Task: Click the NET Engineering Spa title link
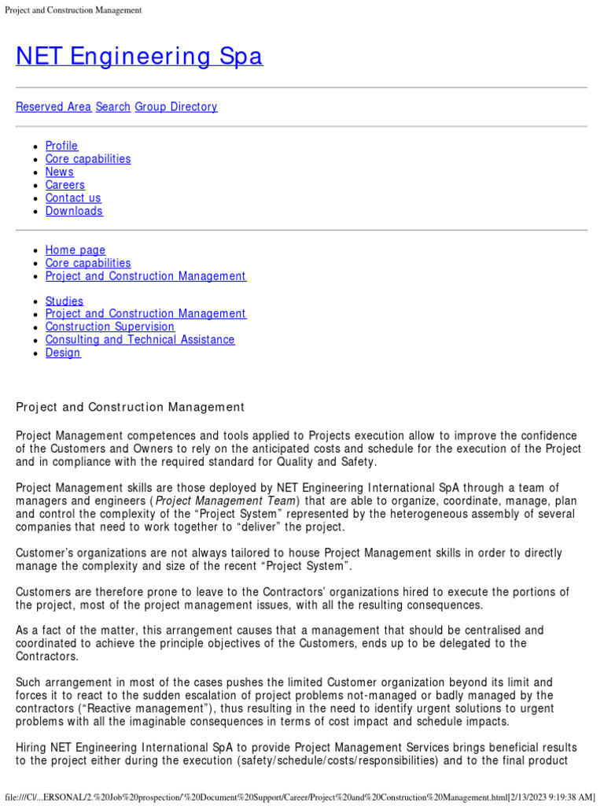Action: pos(139,57)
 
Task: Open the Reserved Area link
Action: pos(53,107)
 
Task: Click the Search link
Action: pos(112,107)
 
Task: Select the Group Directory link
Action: pos(176,107)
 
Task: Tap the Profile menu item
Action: pos(61,146)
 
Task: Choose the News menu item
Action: pos(59,172)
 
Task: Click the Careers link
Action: pos(64,185)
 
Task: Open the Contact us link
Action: pos(73,198)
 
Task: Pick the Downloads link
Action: pos(74,211)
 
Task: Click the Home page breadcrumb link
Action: pos(75,250)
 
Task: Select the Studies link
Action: pos(64,301)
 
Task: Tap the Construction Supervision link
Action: pos(109,327)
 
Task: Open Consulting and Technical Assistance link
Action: pos(139,340)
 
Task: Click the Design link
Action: pos(63,353)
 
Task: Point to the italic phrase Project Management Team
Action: pos(226,501)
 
